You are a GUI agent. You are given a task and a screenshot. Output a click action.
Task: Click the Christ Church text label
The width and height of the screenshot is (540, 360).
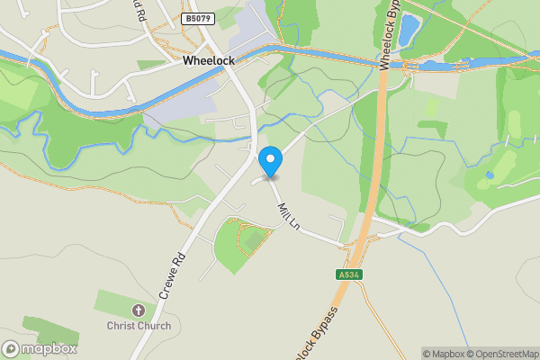pyautogui.click(x=139, y=325)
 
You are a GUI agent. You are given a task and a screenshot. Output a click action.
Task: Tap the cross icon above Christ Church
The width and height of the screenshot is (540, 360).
pyautogui.click(x=139, y=310)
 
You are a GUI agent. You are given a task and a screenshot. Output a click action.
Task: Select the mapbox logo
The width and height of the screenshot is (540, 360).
pyautogui.click(x=40, y=348)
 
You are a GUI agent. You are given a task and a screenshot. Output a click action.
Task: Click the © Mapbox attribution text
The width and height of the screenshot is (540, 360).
pyautogui.click(x=445, y=354)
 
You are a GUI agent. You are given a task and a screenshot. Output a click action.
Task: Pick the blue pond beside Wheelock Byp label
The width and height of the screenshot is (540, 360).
pyautogui.click(x=409, y=31)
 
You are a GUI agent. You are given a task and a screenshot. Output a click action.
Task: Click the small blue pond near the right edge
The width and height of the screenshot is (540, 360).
pyautogui.click(x=490, y=175)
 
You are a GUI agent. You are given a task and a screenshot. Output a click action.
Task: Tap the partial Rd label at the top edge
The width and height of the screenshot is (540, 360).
pyautogui.click(x=138, y=11)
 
